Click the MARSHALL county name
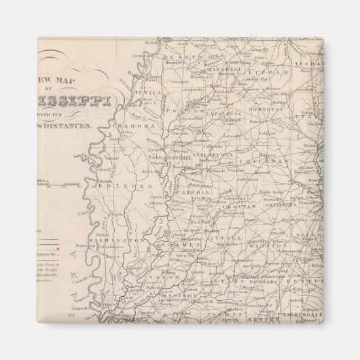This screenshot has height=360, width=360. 223,69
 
